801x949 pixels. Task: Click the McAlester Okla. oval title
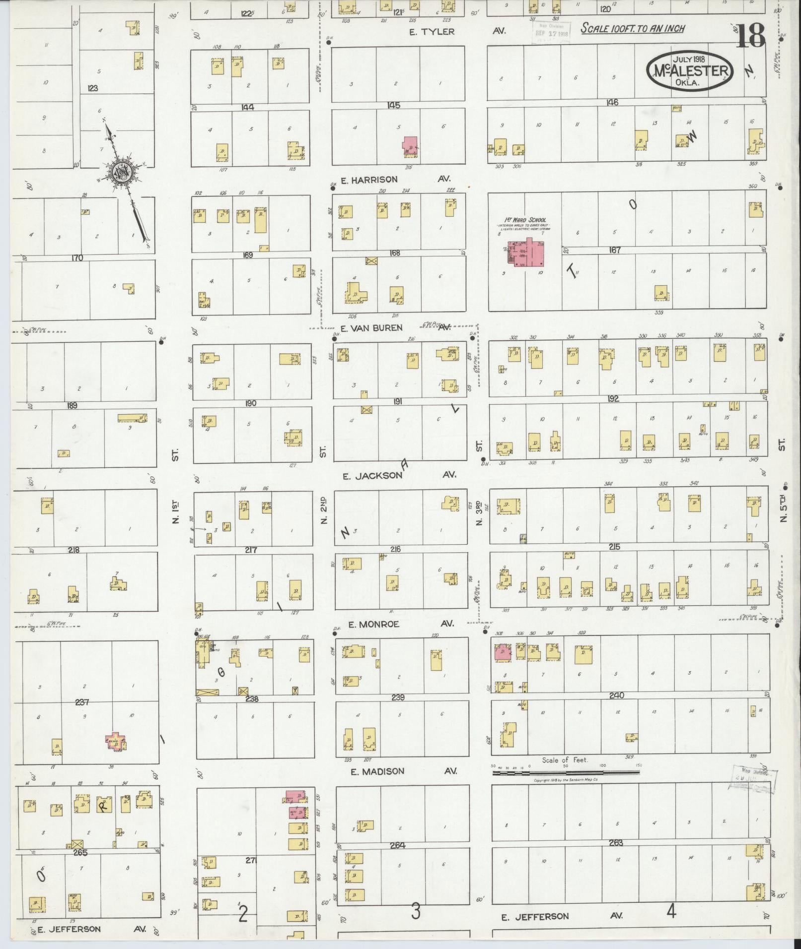(689, 70)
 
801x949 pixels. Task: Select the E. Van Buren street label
(371, 328)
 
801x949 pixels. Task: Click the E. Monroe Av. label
(373, 624)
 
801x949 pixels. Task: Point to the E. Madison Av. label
(377, 771)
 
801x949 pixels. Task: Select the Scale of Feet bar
(566, 772)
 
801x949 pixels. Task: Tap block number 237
(81, 702)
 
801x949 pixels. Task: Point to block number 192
(613, 398)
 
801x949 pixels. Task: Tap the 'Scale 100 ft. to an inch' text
(632, 28)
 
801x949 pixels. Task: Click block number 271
(251, 860)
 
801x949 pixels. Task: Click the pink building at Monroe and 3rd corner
(503, 652)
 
